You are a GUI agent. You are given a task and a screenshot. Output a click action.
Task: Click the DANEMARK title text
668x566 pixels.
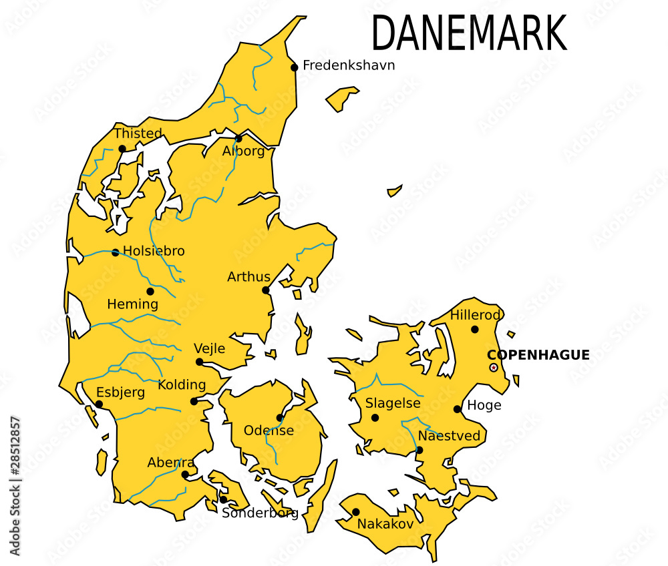pyautogui.click(x=469, y=33)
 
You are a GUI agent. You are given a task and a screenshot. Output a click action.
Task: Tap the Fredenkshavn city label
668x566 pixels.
pyautogui.click(x=349, y=65)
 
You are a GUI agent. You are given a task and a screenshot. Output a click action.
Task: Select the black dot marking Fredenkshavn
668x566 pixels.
pyautogui.click(x=294, y=67)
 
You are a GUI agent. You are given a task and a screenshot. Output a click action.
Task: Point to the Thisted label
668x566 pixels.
pyautogui.click(x=138, y=133)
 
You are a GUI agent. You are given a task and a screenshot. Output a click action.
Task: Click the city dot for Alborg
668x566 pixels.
pyautogui.click(x=238, y=139)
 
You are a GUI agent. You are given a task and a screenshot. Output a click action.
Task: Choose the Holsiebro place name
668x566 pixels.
pyautogui.click(x=154, y=252)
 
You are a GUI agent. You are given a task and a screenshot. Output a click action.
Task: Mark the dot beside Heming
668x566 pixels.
pyautogui.click(x=150, y=291)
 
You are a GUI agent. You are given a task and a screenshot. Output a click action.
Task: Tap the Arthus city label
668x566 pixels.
pyautogui.click(x=248, y=276)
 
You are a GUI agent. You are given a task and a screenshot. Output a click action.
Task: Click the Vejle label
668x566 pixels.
pyautogui.click(x=209, y=348)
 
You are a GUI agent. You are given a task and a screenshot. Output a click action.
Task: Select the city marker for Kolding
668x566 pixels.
pyautogui.click(x=194, y=401)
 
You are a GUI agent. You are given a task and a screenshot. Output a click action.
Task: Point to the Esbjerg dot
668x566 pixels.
pyautogui.click(x=99, y=404)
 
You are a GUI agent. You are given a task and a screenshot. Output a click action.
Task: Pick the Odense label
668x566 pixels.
pyautogui.click(x=269, y=431)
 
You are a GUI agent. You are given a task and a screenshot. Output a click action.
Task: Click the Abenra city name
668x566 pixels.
pyautogui.click(x=171, y=463)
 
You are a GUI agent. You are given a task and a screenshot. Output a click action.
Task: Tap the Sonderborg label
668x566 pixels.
pyautogui.click(x=260, y=513)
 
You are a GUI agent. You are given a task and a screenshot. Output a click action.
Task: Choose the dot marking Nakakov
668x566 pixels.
pyautogui.click(x=355, y=512)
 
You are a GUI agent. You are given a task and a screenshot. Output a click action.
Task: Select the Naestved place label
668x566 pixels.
pyautogui.click(x=449, y=436)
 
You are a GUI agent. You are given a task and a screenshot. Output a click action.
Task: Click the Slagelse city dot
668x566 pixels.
pyautogui.click(x=375, y=418)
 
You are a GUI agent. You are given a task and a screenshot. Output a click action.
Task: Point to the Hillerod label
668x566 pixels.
pyautogui.click(x=475, y=315)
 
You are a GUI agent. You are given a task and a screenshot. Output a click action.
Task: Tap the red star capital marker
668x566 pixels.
pyautogui.click(x=494, y=368)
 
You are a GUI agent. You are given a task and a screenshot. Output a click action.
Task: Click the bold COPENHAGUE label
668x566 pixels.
pyautogui.click(x=538, y=355)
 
